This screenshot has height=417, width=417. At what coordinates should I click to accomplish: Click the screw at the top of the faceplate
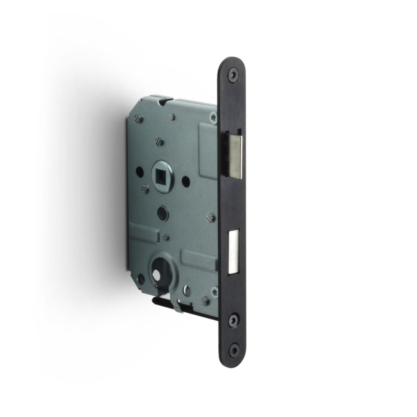tap(232, 75)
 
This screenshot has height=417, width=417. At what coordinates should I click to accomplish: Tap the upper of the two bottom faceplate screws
tap(233, 320)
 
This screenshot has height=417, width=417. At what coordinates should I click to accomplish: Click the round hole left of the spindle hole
tap(140, 171)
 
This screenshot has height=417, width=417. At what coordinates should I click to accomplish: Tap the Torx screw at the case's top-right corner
tap(214, 118)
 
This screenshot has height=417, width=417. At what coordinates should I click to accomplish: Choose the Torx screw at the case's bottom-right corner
tap(215, 290)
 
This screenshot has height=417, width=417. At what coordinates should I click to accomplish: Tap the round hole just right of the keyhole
tap(187, 290)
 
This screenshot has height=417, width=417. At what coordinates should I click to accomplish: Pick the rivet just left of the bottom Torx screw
tap(204, 300)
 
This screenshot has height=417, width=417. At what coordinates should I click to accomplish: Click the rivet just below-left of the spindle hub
tap(145, 190)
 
